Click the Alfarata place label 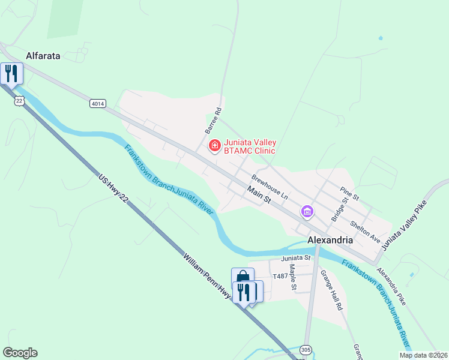(43, 56)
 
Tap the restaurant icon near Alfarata (11, 73)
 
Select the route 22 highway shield (20, 101)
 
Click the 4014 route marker (98, 104)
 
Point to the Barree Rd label (213, 120)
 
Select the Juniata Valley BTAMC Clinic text (250, 146)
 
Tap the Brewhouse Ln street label (270, 188)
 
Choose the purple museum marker (307, 211)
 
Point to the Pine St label (349, 192)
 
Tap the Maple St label (293, 277)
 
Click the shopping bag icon (242, 278)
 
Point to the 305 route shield (306, 350)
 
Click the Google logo (20, 353)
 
